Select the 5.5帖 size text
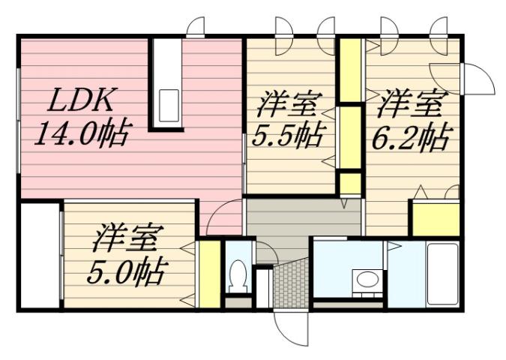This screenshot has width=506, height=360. point(287,135)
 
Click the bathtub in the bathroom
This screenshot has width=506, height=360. point(442,274)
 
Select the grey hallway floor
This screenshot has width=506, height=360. point(303,217)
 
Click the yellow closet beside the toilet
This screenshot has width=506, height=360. point(210,274)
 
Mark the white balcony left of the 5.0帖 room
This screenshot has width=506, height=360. point(38,255)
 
